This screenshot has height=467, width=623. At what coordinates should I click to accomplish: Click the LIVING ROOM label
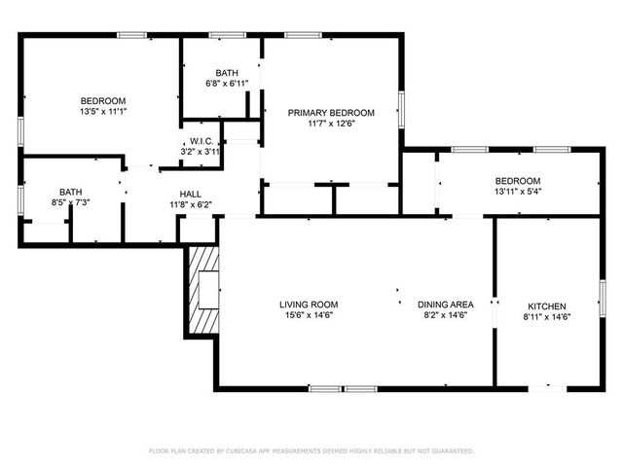[311, 305]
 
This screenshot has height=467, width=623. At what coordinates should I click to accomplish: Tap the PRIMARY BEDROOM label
[331, 113]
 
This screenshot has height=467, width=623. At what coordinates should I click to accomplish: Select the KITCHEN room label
[546, 305]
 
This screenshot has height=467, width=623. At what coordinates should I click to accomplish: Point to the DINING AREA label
[446, 305]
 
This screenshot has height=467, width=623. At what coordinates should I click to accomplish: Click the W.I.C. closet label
[202, 141]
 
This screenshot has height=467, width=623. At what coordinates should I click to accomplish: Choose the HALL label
[191, 194]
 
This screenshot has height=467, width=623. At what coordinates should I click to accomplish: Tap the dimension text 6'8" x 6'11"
[227, 83]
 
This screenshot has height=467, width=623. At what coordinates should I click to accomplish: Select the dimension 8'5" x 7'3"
[71, 202]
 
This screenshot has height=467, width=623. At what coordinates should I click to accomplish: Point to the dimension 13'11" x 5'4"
[518, 192]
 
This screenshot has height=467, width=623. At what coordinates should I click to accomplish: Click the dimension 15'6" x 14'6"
[311, 315]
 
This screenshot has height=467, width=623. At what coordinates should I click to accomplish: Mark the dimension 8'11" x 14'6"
[546, 316]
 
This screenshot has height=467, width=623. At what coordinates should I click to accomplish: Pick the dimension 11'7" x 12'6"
[331, 124]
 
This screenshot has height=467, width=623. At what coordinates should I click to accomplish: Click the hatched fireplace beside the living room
[204, 289]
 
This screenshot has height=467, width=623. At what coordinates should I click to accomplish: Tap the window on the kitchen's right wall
[602, 297]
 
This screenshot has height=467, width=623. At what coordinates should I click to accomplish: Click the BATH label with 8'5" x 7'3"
[71, 192]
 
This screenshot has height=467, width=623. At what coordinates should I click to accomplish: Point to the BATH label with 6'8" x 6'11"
[227, 73]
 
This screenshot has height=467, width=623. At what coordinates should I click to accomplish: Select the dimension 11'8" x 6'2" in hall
[191, 204]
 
